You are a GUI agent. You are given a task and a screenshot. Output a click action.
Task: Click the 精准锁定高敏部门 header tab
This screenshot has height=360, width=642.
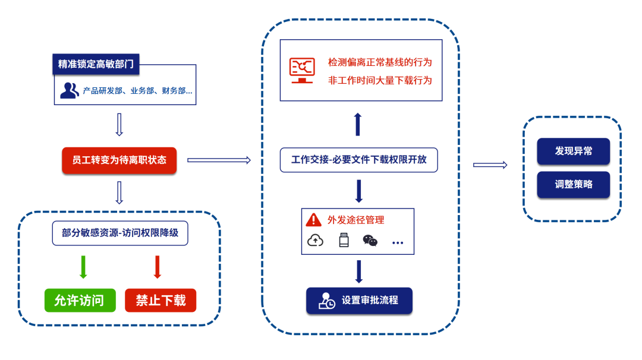(x=96, y=64)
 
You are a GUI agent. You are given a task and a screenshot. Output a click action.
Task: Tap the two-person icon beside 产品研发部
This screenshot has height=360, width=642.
(x=69, y=91)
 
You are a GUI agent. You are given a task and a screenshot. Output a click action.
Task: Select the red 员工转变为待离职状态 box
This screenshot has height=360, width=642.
(x=119, y=160)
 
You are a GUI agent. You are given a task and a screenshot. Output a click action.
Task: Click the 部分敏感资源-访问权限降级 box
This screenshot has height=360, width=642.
(x=119, y=233)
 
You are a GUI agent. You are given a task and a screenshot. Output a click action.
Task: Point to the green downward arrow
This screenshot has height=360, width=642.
(x=83, y=267)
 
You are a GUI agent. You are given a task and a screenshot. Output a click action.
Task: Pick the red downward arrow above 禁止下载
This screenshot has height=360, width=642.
(x=158, y=267)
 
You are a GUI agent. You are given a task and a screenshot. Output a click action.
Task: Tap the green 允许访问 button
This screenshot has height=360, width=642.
(x=79, y=301)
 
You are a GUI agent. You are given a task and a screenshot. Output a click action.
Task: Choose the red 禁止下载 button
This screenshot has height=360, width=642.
(x=160, y=301)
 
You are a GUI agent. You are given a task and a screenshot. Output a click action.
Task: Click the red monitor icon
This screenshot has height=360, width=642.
(x=302, y=70)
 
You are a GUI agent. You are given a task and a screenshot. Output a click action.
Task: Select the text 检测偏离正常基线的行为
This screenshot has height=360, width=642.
(x=380, y=62)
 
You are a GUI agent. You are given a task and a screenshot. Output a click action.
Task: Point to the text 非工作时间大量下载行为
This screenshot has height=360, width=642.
(x=380, y=80)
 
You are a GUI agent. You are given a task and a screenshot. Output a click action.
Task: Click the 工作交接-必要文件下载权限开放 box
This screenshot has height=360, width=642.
(x=359, y=160)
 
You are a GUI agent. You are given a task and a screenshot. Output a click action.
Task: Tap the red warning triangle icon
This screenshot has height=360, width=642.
(x=313, y=220)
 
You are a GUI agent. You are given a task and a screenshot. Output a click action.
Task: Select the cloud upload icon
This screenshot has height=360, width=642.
(x=315, y=241)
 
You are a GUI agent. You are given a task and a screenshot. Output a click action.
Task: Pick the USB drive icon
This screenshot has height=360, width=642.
(x=343, y=241)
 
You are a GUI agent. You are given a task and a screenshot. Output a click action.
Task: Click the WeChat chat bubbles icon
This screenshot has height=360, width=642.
(x=370, y=241)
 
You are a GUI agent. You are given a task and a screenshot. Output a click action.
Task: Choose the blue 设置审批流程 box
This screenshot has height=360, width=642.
(x=359, y=301)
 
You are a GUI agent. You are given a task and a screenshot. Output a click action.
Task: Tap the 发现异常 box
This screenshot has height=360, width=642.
(x=574, y=151)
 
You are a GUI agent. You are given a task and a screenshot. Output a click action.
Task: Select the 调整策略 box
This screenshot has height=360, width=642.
(x=574, y=184)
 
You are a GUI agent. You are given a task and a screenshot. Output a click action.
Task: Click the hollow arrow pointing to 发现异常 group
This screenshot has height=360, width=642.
(x=490, y=165)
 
